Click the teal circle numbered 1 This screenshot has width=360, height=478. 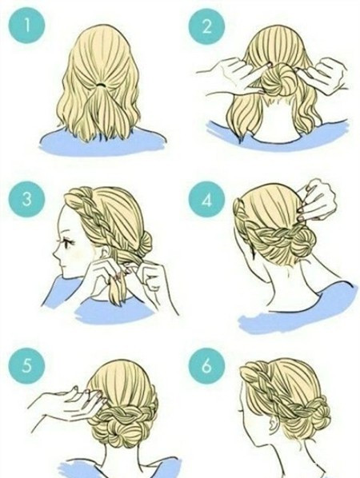tap(26, 26)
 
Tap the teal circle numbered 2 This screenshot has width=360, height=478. tap(206, 26)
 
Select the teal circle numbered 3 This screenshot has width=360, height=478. tap(26, 199)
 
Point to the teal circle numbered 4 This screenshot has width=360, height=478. tap(206, 201)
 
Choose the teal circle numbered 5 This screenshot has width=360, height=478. tap(26, 366)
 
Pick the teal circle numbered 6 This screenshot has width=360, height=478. tap(206, 366)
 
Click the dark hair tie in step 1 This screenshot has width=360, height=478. tap(100, 83)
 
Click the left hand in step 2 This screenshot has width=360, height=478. tap(232, 74)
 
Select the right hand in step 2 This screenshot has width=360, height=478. tap(325, 74)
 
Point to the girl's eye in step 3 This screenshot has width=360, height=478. tap(69, 243)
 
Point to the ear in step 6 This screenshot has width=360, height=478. tap(272, 423)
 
